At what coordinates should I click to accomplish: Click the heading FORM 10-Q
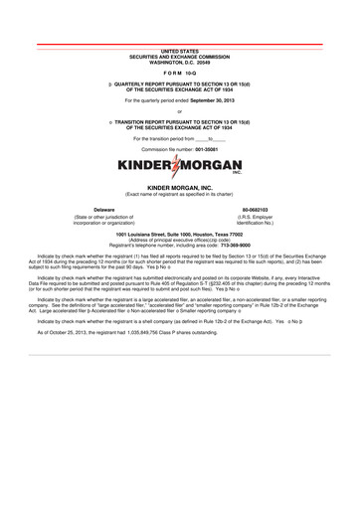point(180,74)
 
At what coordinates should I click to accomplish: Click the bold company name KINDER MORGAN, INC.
point(180,186)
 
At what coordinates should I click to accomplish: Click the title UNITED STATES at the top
point(180,49)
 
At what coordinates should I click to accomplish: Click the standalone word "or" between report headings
point(180,111)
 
